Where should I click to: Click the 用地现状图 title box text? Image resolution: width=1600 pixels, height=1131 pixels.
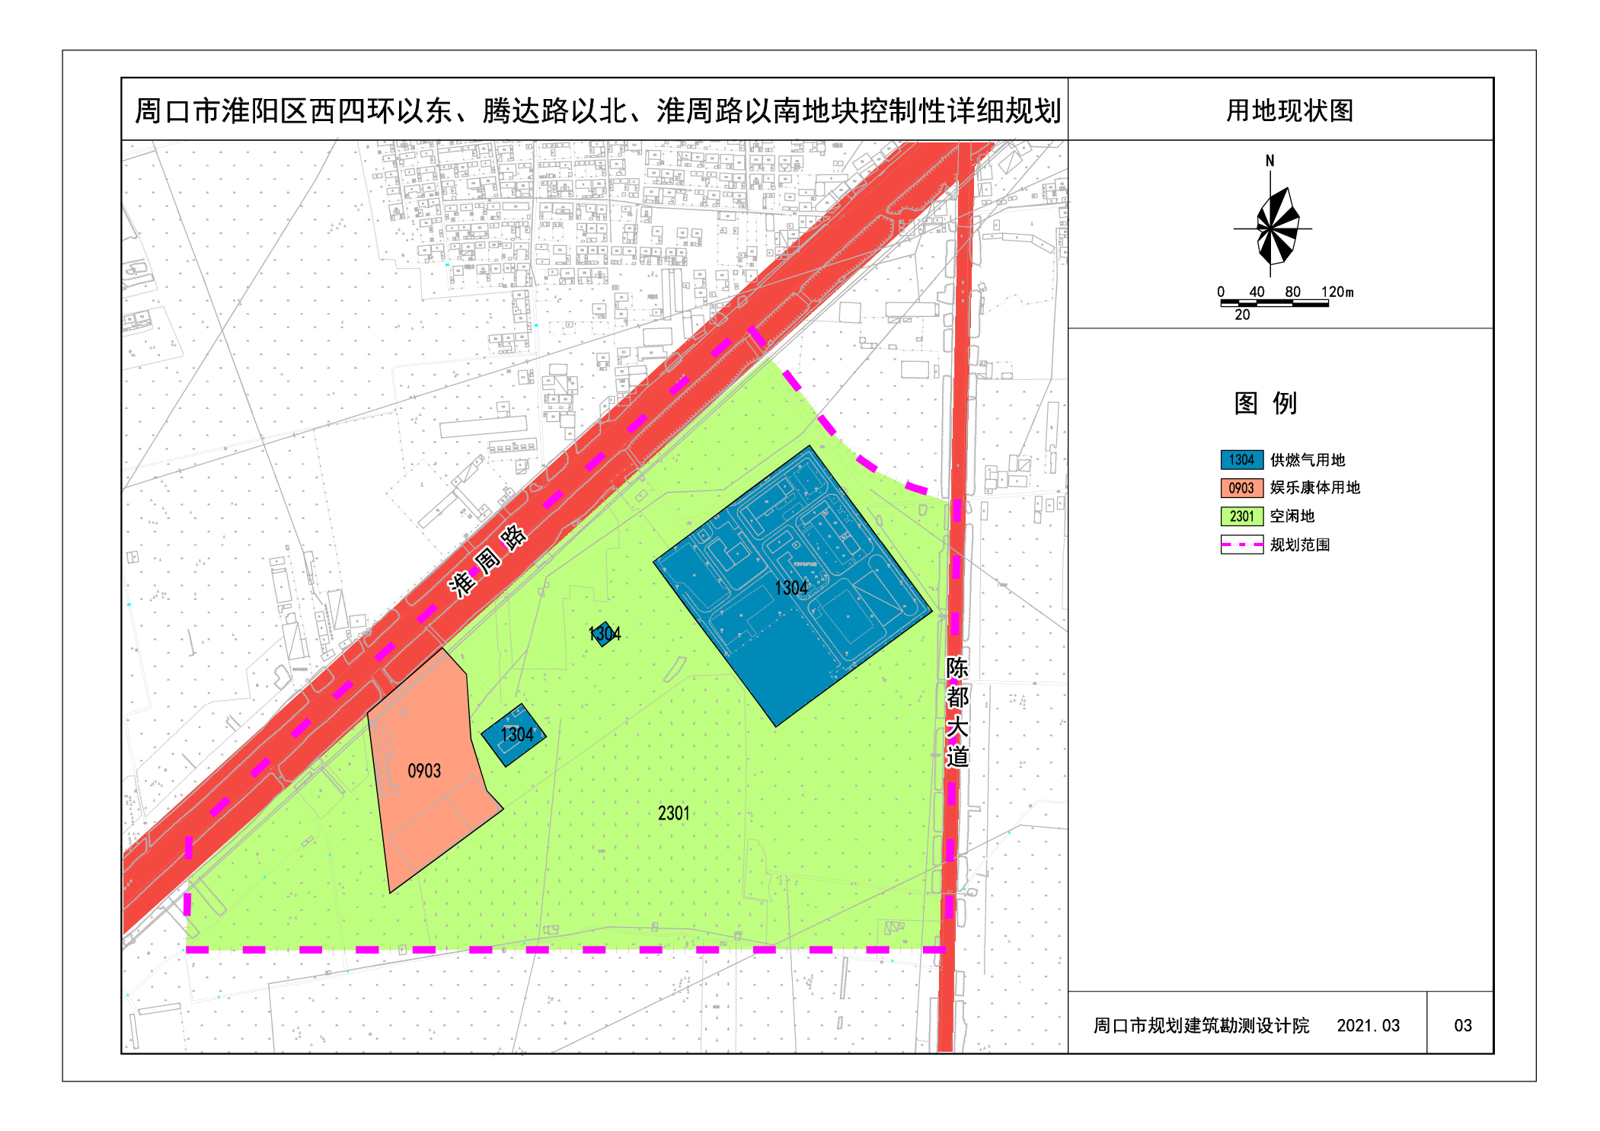coord(1289,111)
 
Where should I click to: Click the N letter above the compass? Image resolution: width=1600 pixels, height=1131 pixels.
coord(1269,161)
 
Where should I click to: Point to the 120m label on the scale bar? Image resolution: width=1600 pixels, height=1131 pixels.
coord(1337,292)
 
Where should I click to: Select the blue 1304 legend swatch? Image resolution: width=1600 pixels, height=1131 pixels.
coord(1241,459)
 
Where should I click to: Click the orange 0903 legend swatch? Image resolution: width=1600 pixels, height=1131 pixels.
coord(1241,487)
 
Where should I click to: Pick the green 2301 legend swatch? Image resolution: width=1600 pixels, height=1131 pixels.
coord(1241,516)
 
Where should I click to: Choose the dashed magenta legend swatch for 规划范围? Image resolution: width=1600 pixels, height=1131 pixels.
coord(1241,545)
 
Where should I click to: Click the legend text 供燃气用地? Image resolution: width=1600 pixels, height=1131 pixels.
coord(1307,460)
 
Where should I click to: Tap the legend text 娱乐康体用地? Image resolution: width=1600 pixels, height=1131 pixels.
coord(1314,487)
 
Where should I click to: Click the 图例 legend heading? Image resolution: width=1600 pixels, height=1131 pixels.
coord(1265,403)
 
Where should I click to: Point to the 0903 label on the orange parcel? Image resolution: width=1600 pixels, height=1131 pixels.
coord(424,771)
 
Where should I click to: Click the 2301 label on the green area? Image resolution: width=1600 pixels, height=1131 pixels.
coord(673,813)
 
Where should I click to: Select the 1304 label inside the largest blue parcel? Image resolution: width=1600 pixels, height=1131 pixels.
coord(790,588)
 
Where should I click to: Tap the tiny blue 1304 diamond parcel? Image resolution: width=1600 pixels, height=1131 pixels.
coord(605,634)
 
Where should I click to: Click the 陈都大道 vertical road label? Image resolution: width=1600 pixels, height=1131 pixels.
coord(956,711)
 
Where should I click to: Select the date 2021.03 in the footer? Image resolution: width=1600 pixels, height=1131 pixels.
coord(1368,1025)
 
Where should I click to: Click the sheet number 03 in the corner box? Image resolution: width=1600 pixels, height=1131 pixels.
coord(1462,1025)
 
